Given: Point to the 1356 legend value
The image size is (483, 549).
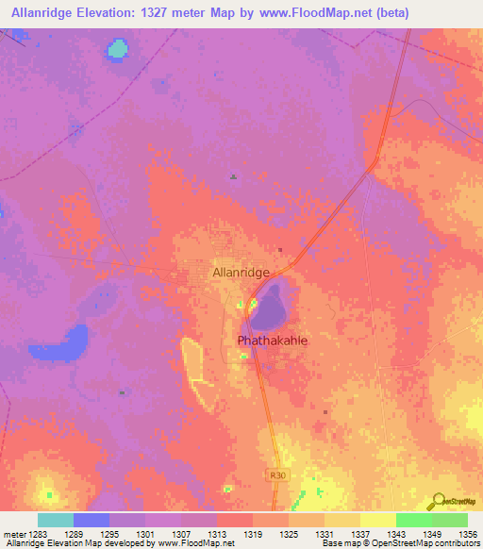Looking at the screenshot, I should tap(466, 535).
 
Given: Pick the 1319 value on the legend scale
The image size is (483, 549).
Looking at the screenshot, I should tap(253, 535).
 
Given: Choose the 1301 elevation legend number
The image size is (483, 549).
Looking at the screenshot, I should tap(145, 535).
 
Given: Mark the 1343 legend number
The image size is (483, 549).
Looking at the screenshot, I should tap(395, 535).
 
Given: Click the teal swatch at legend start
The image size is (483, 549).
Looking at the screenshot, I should tap(56, 520).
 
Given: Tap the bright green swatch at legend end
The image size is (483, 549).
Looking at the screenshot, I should tap(449, 520).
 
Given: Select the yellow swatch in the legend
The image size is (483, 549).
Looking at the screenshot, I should tap(377, 520).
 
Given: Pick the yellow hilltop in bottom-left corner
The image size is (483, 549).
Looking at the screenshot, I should tap(47, 492).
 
